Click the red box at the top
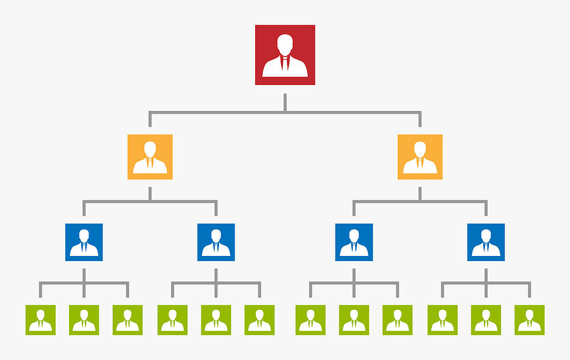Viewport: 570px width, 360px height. point(285,55)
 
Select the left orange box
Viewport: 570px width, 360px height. point(149,157)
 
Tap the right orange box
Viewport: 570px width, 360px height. point(420,157)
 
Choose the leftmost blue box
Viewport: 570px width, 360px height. point(84,242)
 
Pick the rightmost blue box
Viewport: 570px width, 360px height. point(486,242)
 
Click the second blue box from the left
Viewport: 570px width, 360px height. point(216,242)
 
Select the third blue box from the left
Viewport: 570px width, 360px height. point(354,242)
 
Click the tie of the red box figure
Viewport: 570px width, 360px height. point(285,65)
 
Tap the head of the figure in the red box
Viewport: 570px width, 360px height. point(285,44)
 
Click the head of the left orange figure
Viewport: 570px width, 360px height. point(149,148)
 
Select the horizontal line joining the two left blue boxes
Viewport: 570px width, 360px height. point(150,202)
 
